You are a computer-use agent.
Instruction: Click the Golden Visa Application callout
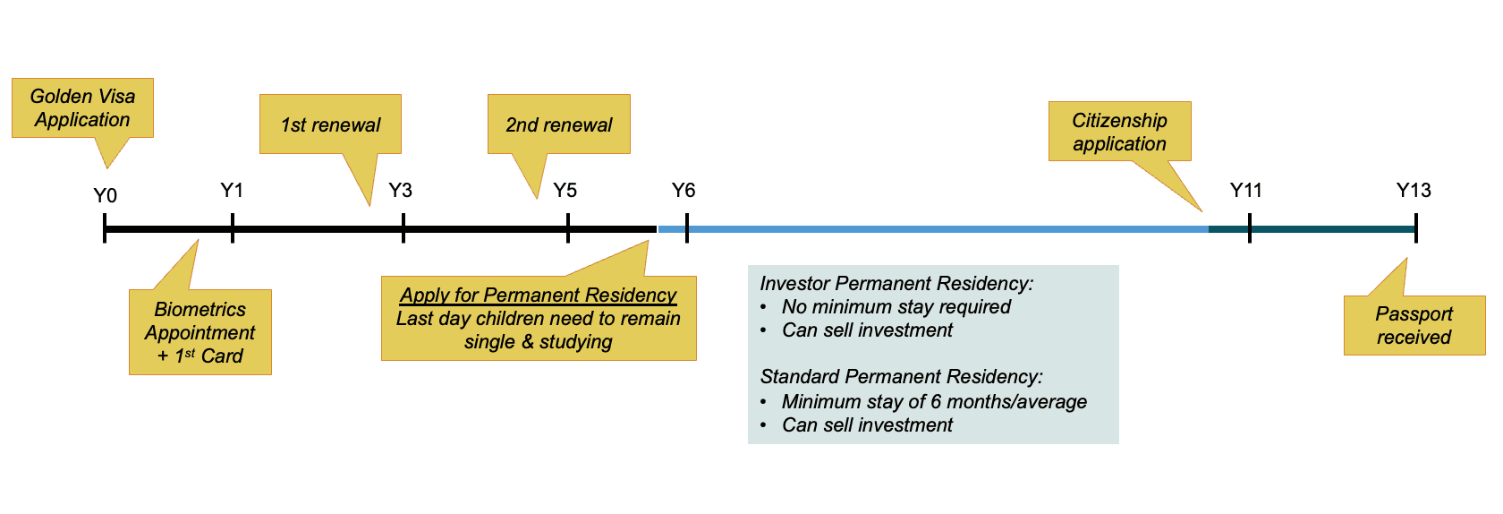(82, 108)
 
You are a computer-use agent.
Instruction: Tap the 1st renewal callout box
(330, 124)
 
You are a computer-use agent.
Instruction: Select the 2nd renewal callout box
(558, 124)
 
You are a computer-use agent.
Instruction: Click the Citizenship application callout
(1119, 132)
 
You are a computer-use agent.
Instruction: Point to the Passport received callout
(1414, 325)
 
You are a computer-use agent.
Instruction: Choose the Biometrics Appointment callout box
(200, 332)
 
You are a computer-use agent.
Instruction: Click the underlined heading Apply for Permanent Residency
(538, 295)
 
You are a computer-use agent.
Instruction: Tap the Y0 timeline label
(105, 195)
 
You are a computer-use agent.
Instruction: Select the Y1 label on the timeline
(232, 190)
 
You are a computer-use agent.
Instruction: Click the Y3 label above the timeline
(400, 190)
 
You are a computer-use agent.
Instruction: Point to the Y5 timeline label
(565, 190)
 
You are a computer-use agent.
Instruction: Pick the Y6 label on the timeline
(684, 190)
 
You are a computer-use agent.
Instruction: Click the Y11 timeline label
(1245, 190)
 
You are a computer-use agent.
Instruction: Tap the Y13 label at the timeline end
(1414, 190)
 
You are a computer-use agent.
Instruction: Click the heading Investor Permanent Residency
(896, 283)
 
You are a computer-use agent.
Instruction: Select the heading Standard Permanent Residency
(901, 376)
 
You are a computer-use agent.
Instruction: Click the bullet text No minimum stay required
(896, 306)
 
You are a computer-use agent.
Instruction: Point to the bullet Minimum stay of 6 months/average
(934, 401)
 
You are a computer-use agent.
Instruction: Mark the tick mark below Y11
(1250, 228)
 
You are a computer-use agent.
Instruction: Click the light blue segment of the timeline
(939, 229)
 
